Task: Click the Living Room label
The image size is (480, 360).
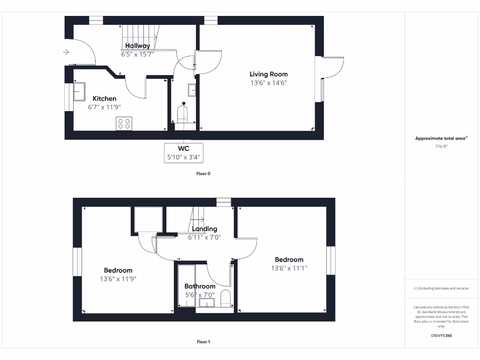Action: tap(268, 74)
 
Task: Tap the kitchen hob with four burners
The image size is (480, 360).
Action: tap(124, 123)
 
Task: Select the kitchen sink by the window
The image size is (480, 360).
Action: tap(78, 91)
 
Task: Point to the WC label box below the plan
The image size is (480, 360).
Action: tap(184, 153)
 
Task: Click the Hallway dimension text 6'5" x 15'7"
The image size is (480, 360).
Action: tap(137, 54)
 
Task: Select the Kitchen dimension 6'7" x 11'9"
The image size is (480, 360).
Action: tap(104, 107)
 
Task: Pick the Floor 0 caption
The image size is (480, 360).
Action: tap(203, 173)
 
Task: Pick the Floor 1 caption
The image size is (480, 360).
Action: tap(203, 342)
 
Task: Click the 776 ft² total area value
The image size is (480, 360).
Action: tap(441, 147)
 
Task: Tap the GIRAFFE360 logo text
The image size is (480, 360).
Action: tap(441, 336)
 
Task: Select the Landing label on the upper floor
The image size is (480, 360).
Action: tap(205, 229)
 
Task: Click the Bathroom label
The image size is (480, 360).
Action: tap(200, 286)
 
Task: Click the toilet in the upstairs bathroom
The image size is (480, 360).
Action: tap(225, 298)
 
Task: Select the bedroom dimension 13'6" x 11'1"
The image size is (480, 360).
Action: tap(289, 269)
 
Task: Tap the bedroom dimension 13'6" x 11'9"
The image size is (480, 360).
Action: tap(118, 279)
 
